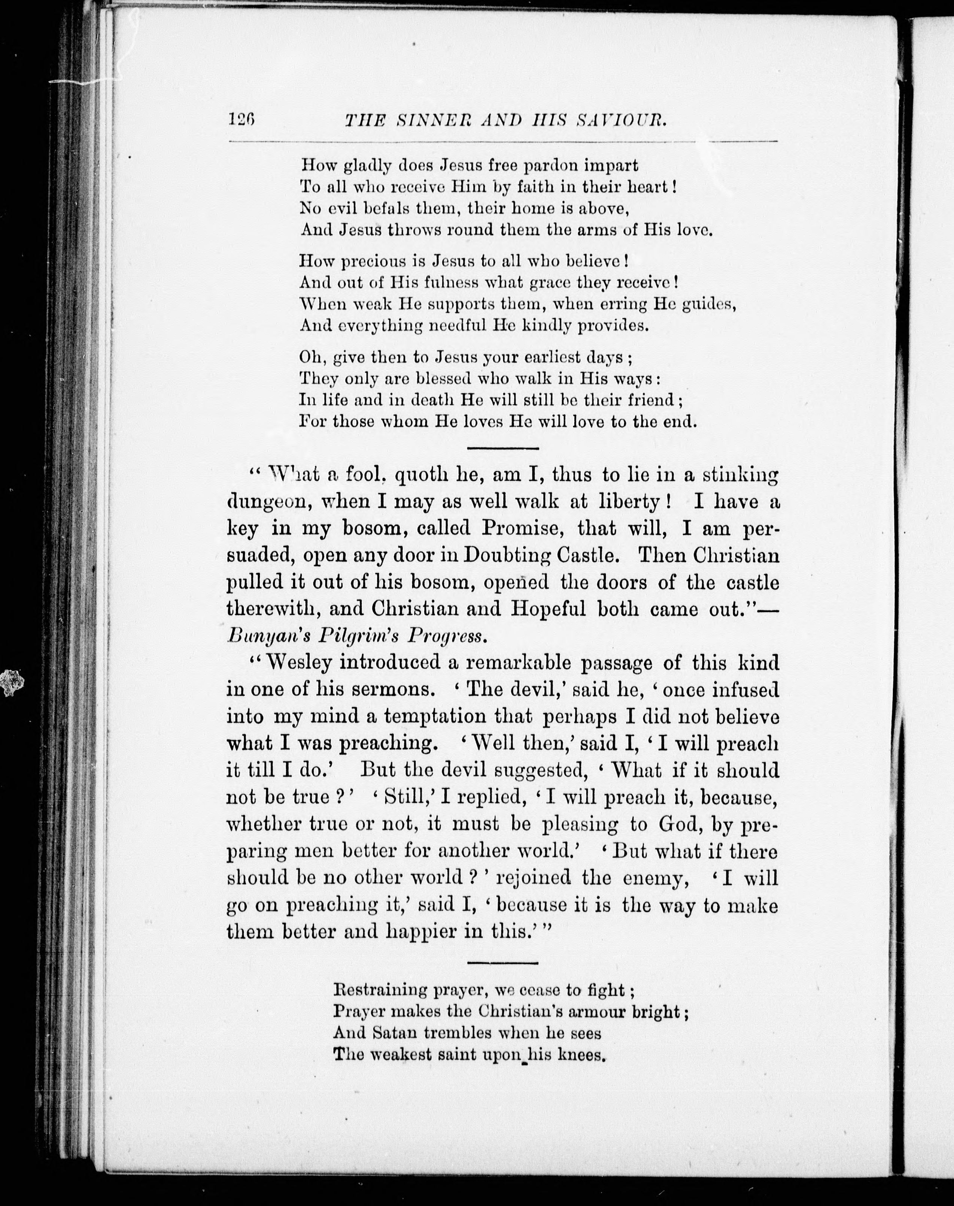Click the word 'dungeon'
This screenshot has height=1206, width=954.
click(x=266, y=502)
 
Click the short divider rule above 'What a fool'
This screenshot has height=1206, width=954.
click(x=502, y=448)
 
